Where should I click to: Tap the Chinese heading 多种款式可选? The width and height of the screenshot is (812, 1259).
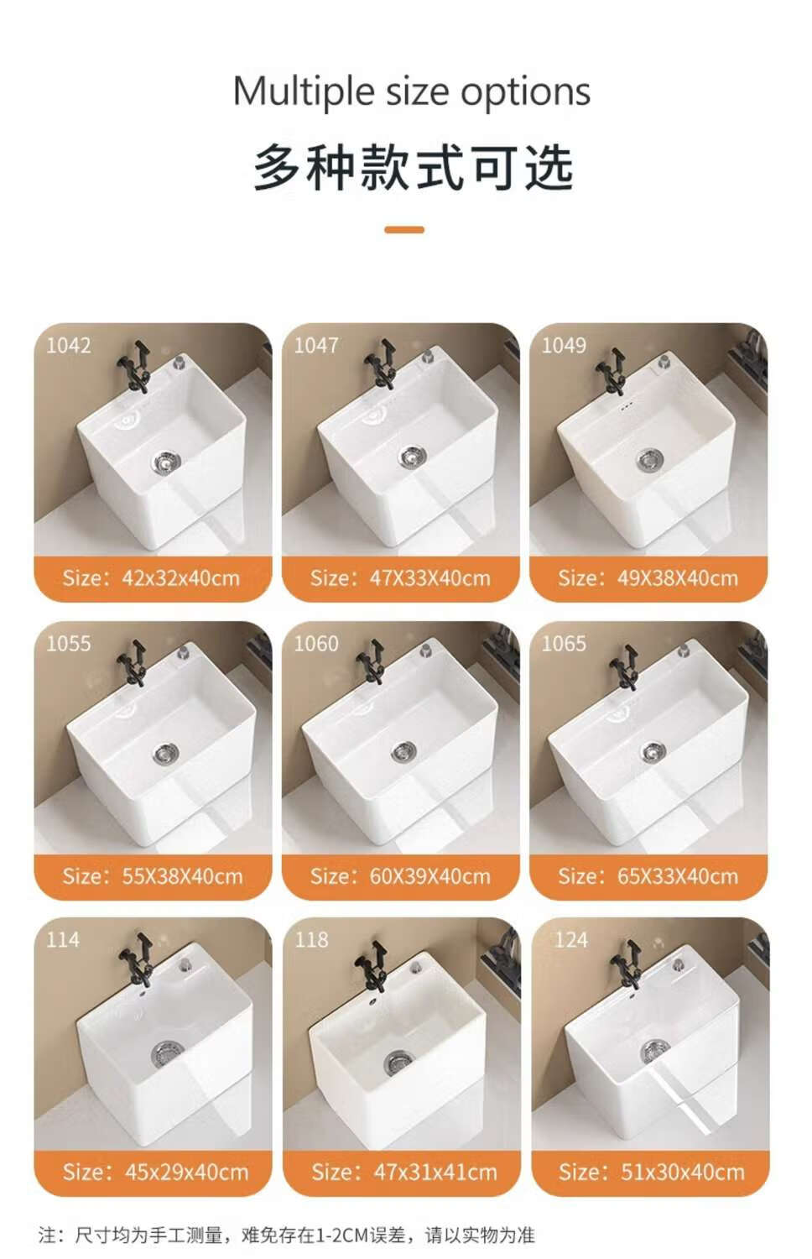point(413,168)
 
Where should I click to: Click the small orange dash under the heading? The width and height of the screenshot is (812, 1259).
point(404,229)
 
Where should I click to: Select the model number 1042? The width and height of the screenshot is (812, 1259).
point(69,345)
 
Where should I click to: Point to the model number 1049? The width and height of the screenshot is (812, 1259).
point(564,345)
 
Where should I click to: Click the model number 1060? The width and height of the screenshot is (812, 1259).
point(316,644)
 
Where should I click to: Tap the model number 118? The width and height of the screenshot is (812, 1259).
point(312,940)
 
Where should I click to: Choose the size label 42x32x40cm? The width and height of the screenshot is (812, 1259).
point(181,578)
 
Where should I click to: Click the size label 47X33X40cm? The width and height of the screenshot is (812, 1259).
point(429,578)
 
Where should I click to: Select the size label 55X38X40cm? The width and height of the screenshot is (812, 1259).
point(183,876)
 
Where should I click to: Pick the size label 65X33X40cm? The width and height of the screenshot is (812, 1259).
point(678,876)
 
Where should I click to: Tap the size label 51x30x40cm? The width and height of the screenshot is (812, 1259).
point(682,1172)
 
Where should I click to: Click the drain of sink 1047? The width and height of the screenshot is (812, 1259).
point(413,457)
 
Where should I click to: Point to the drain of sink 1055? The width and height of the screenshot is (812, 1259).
point(165,754)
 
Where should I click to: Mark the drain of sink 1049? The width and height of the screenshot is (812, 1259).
point(650,460)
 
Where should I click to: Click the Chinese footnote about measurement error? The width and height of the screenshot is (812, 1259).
point(286,1235)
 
